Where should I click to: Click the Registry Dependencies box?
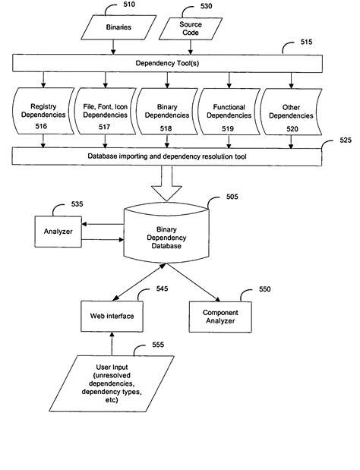point(44,114)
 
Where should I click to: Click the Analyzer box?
point(57,231)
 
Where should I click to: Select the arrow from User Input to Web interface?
point(111,343)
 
